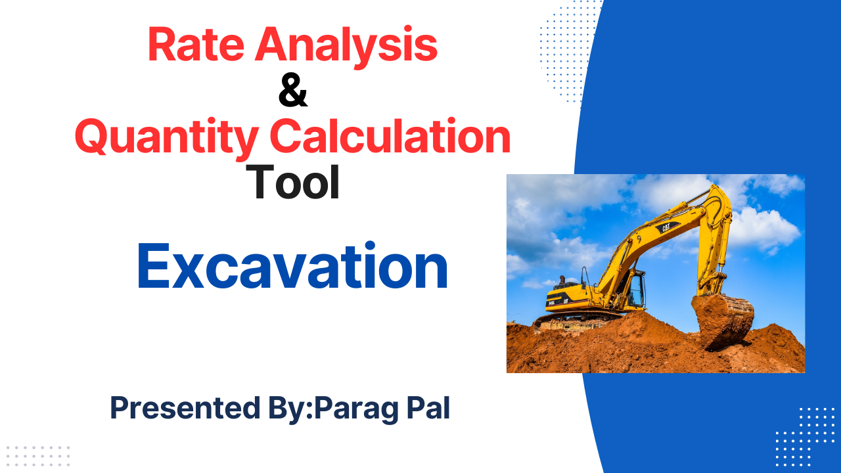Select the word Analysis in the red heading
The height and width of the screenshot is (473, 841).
tap(346, 47)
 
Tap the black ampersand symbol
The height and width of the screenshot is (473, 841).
tap(293, 91)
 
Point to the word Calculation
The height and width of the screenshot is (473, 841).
tap(390, 136)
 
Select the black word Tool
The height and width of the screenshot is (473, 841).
tap(292, 183)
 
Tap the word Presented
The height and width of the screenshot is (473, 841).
tap(185, 408)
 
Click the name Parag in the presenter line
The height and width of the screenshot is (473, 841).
tap(355, 409)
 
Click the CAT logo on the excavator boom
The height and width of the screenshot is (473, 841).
tap(666, 227)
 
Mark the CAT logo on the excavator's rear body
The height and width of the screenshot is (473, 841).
tap(565, 301)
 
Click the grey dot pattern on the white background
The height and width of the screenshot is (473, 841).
tap(38, 457)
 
